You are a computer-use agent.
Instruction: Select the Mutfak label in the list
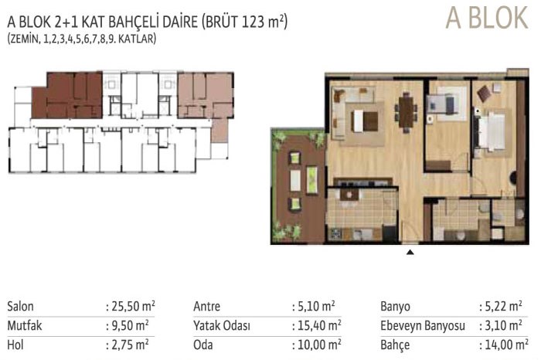25,325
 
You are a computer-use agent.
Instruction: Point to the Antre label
206,306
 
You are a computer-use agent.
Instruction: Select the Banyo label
396,306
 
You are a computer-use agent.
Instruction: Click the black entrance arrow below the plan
410,252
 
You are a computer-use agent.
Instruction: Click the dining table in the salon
407,113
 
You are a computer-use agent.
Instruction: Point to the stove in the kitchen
335,234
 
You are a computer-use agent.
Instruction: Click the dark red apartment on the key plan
67,96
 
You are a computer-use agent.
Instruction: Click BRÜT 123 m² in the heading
245,22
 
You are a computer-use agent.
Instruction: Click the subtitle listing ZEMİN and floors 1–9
82,39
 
